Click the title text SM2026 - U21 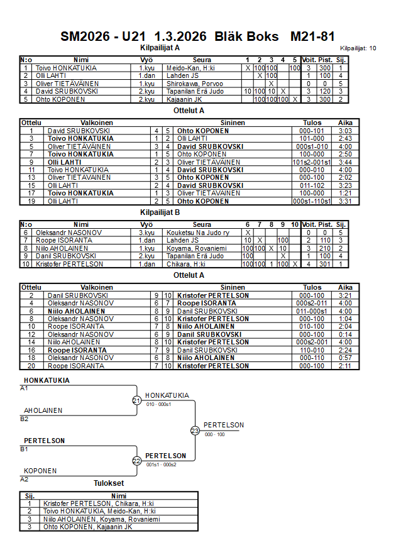click(x=103, y=36)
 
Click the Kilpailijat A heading click(x=160, y=47)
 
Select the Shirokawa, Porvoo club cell click(x=192, y=83)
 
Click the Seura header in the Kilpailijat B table click(x=202, y=224)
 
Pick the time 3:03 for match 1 click(x=345, y=131)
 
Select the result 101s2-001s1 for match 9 click(x=312, y=162)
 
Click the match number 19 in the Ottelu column click(x=31, y=201)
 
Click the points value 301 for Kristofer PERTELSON click(x=325, y=264)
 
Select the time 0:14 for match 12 click(x=345, y=334)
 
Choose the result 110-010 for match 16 click(x=312, y=350)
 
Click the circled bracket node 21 click(x=137, y=400)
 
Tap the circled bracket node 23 click(x=195, y=431)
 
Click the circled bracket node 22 click(x=137, y=461)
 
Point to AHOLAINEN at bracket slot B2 click(x=43, y=410)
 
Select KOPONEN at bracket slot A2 click(x=40, y=471)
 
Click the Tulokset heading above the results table click(x=109, y=483)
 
